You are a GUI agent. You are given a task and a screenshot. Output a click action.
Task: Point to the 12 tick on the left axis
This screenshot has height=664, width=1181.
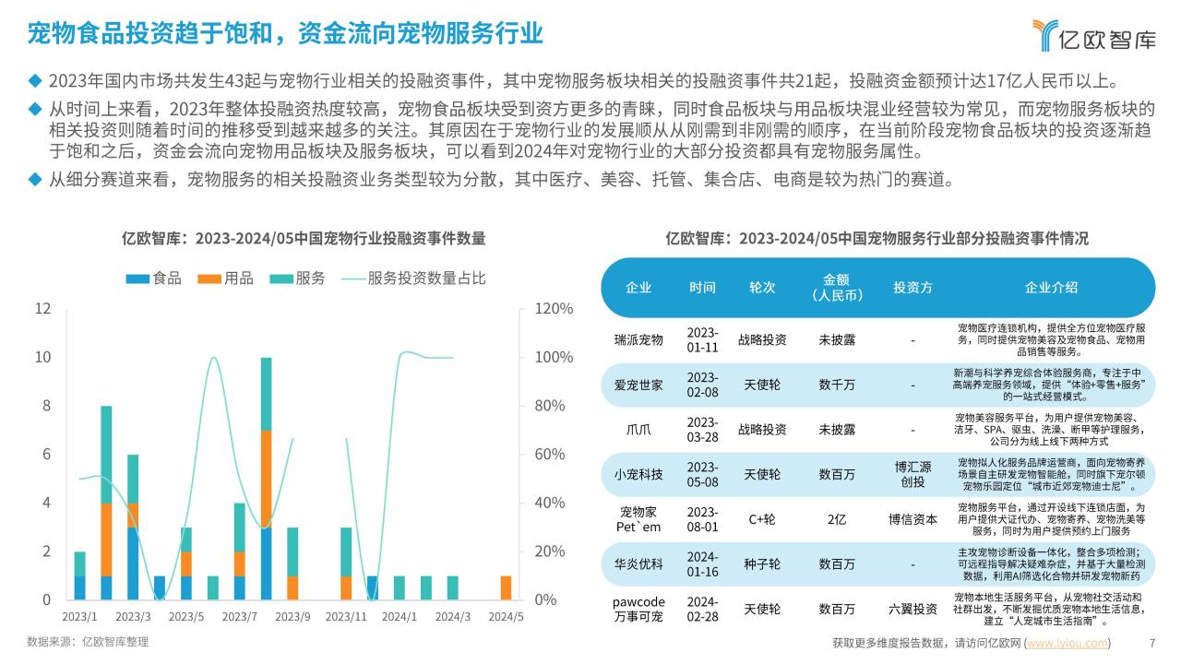point(42,309)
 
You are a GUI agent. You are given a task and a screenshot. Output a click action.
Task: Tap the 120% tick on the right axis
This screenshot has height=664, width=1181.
point(555,309)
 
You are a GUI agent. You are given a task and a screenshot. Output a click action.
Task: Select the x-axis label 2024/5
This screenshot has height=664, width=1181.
point(505,617)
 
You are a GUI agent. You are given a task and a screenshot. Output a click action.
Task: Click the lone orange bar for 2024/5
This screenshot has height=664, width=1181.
point(506,587)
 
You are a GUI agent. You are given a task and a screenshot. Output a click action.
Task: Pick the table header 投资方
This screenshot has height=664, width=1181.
point(913,287)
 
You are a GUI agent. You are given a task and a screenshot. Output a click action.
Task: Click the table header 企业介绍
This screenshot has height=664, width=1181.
point(1051,287)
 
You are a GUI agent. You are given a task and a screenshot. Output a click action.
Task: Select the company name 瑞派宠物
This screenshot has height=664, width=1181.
point(638,339)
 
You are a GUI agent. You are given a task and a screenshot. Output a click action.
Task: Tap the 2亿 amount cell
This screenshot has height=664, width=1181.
point(837,519)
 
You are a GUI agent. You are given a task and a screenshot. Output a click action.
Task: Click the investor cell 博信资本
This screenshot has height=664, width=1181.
point(913,519)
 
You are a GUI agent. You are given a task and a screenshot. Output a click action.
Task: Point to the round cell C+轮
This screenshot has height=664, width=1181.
point(761,519)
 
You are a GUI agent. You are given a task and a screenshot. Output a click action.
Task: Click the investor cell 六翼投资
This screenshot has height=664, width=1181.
point(913,609)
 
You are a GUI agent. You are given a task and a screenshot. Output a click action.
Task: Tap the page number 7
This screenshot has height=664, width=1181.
point(1151,643)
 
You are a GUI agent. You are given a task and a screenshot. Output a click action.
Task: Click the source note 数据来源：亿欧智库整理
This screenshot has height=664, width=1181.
point(88,642)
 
